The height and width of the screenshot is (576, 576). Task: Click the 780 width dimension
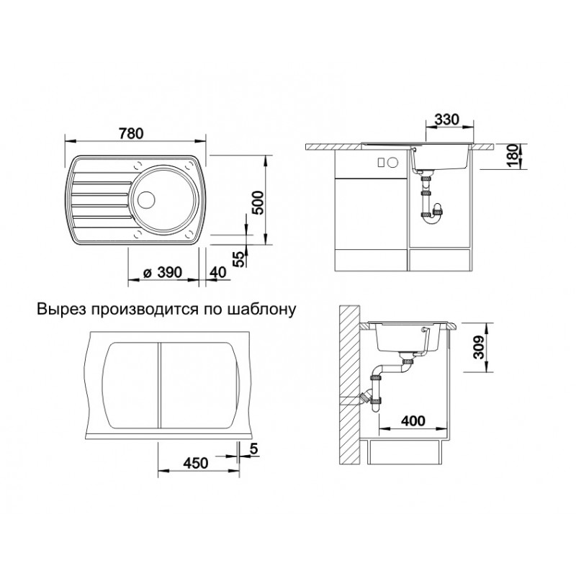click(x=131, y=133)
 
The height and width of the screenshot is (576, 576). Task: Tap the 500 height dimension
click(x=258, y=203)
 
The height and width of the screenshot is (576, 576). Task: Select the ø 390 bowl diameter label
click(x=162, y=273)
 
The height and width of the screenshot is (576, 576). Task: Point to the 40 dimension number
click(x=218, y=273)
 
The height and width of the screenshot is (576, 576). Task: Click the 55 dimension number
click(x=239, y=259)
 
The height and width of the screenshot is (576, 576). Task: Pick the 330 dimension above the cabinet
click(x=446, y=120)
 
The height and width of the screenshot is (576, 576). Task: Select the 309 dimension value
click(x=479, y=348)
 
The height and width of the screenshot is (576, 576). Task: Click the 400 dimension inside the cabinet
click(x=413, y=420)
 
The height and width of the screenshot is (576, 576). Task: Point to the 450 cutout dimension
click(x=196, y=463)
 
